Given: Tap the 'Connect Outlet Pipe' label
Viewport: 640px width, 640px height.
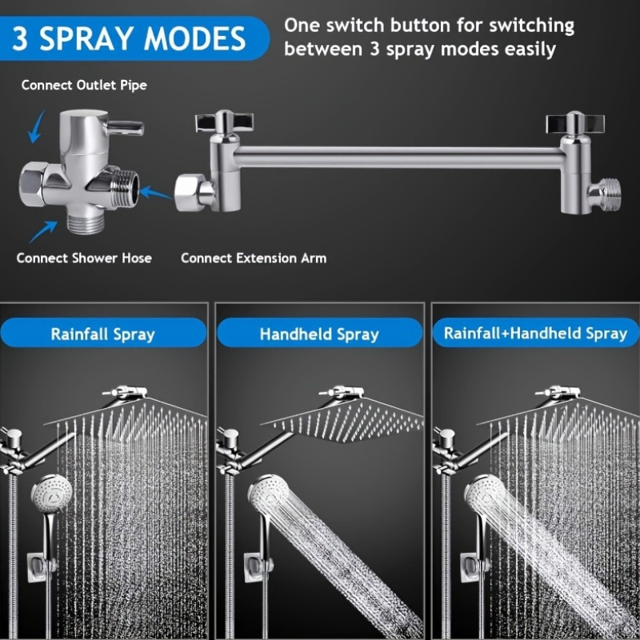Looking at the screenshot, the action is [x=84, y=86].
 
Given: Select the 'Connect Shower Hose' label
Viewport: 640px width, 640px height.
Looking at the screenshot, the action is [x=84, y=258].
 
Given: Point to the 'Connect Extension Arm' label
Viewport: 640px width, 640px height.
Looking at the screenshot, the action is [x=254, y=258].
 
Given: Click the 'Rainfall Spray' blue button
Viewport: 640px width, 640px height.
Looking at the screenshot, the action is [x=103, y=333].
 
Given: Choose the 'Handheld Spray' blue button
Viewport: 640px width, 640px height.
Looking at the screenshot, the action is [x=319, y=333].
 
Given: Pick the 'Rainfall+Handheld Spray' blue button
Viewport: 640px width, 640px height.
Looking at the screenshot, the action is [x=535, y=333].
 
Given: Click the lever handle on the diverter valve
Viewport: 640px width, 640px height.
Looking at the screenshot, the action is [x=126, y=127].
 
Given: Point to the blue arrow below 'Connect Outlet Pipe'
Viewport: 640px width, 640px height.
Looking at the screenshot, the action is [x=36, y=126].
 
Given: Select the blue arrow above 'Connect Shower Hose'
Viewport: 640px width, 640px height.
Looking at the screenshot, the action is [x=44, y=231].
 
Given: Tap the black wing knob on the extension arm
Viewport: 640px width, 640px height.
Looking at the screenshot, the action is [x=575, y=123].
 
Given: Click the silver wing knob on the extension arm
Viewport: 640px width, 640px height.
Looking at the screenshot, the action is [x=224, y=122].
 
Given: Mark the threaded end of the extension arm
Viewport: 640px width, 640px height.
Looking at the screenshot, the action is [x=609, y=195].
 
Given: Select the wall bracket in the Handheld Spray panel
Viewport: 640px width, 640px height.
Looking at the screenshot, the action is [x=258, y=568].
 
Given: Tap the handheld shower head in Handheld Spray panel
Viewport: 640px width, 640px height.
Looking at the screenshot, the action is [x=268, y=494].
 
